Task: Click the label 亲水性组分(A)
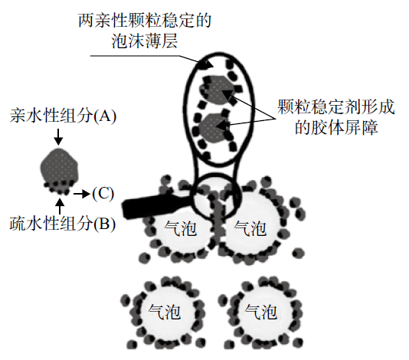coord(63,116)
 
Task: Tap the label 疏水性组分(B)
coord(63,224)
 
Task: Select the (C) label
coord(103,194)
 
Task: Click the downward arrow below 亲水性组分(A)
coord(58,136)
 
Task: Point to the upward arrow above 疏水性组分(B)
coord(61,206)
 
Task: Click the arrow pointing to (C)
coord(82,194)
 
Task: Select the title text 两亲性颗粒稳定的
coord(145,21)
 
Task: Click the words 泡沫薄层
coord(145,41)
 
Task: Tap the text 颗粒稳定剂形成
coord(336,106)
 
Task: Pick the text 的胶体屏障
coord(336,127)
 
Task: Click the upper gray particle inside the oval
coord(215,89)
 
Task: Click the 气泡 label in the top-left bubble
coord(180,228)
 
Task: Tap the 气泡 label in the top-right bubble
coord(250,228)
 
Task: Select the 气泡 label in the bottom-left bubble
coord(164,312)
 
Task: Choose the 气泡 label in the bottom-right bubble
coord(260,312)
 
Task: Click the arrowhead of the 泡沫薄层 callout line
coord(208,65)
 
